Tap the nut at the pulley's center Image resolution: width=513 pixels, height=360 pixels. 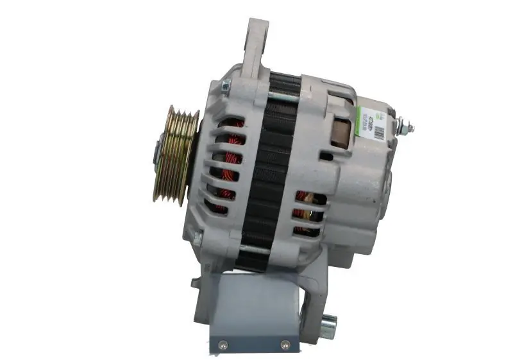(156, 153)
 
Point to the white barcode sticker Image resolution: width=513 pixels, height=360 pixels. (372, 119)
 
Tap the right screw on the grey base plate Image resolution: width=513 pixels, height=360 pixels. (285, 344)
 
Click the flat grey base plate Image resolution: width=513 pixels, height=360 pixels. (253, 314)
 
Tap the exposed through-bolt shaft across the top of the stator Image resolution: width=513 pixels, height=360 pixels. (282, 96)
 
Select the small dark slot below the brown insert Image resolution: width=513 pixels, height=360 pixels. (326, 156)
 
